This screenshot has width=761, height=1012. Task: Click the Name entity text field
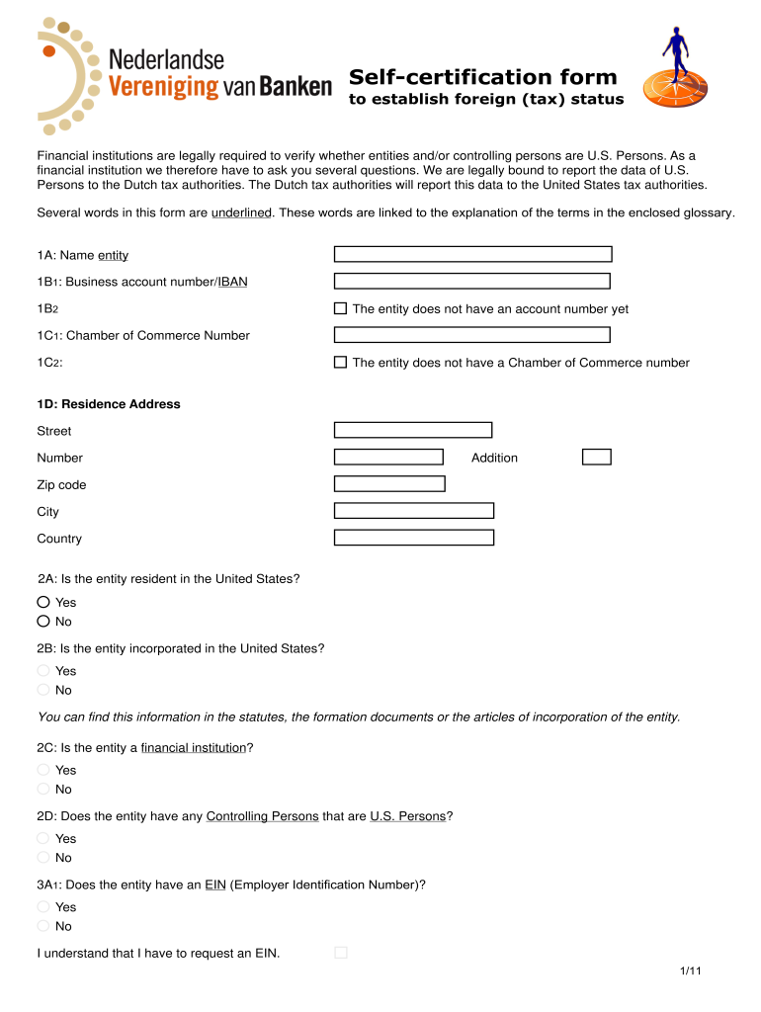click(472, 255)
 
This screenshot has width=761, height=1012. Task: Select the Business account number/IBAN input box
click(471, 282)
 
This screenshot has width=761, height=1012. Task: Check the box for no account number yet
click(340, 308)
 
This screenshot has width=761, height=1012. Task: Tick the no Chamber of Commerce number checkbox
click(340, 363)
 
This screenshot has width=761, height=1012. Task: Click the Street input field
click(413, 430)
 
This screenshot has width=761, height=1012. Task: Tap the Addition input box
click(596, 457)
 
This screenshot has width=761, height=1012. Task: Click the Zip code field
click(389, 484)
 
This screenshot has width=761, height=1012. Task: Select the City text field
click(413, 511)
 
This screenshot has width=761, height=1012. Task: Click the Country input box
click(413, 538)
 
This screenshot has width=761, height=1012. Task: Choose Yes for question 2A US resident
click(43, 602)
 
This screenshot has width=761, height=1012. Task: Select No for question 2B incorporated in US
click(43, 690)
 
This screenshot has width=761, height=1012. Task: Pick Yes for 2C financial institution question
click(43, 770)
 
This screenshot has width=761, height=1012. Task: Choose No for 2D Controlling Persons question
click(43, 858)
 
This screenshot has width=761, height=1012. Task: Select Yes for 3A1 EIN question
click(43, 906)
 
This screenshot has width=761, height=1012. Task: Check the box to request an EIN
click(341, 953)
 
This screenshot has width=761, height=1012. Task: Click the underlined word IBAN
click(233, 282)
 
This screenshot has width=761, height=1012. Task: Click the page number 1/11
click(690, 972)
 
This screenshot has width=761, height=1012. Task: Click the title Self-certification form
click(482, 77)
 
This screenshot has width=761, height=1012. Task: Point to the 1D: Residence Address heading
click(109, 404)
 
